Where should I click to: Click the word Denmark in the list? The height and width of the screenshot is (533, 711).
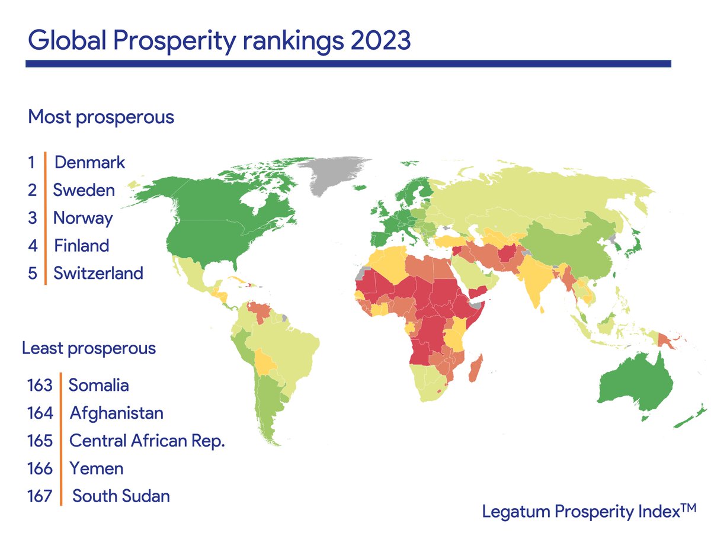(89, 162)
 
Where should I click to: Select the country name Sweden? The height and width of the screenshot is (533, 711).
(84, 190)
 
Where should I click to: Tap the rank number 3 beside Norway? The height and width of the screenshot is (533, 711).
(33, 218)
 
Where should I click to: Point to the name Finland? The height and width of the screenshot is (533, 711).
(82, 245)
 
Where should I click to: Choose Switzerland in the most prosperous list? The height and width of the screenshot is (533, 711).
(98, 273)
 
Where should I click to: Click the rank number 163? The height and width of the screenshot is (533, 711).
(40, 385)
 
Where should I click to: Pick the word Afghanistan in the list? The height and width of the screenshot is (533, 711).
(116, 412)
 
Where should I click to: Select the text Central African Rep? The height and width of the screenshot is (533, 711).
(147, 441)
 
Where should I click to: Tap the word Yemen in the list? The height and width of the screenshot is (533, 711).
(97, 468)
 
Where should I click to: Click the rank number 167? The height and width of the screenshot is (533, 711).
(40, 496)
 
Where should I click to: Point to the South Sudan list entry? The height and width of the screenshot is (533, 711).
(121, 496)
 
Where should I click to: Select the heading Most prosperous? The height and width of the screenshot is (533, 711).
(101, 117)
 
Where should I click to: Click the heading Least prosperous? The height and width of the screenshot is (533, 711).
(89, 348)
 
